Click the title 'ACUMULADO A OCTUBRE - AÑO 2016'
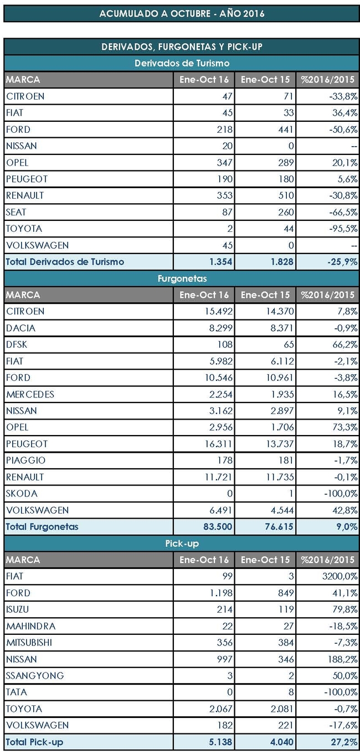coord(182,14)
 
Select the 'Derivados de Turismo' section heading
coord(182,63)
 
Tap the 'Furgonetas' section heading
coord(182,278)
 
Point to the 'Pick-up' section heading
coord(182,544)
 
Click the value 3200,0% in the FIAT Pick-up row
coord(340,576)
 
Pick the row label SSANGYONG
coord(35,675)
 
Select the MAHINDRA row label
coord(30,626)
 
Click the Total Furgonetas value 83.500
coord(218,526)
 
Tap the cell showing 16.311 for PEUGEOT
coord(219,443)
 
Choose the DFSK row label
coord(17,344)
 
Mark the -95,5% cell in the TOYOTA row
coord(343,229)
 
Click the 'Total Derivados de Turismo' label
coord(65,262)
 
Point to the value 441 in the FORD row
coord(286,130)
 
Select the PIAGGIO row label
coord(25,460)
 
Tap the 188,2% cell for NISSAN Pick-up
coord(343,659)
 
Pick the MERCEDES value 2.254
coord(220,394)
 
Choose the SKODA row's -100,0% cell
coord(341,493)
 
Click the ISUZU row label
coord(18,609)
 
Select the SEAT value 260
coord(286,212)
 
